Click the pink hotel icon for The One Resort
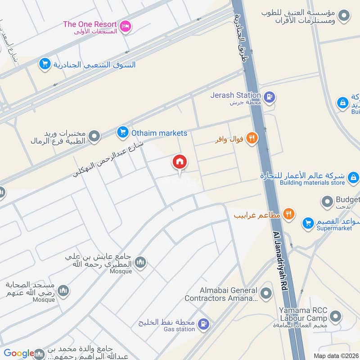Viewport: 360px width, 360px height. coord(126,27)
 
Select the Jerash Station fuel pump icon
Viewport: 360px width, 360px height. coord(270,97)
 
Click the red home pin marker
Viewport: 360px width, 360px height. coord(180,162)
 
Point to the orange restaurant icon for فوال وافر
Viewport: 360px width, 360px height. coord(252,139)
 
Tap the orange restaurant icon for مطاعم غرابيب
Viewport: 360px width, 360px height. coord(289,215)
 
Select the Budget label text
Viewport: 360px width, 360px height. coord(348,200)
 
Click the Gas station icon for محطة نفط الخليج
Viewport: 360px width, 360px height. coord(204,324)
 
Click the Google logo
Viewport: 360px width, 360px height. coord(19,353)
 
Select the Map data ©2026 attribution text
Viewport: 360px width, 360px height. coord(336,355)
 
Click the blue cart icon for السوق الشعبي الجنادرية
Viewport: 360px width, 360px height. coord(45,64)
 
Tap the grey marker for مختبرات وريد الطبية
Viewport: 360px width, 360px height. coord(94,136)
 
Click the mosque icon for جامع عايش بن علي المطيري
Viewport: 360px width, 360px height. coord(140,262)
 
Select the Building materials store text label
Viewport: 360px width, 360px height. coord(312,183)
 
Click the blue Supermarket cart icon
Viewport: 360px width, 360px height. coord(308,223)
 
